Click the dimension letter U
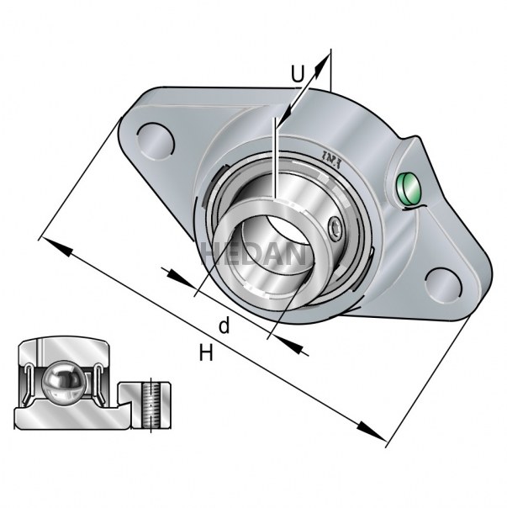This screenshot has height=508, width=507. click(298, 74)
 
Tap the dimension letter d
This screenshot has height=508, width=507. click(224, 325)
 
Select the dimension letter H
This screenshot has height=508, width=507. click(206, 353)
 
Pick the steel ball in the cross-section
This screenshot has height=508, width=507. click(62, 384)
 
